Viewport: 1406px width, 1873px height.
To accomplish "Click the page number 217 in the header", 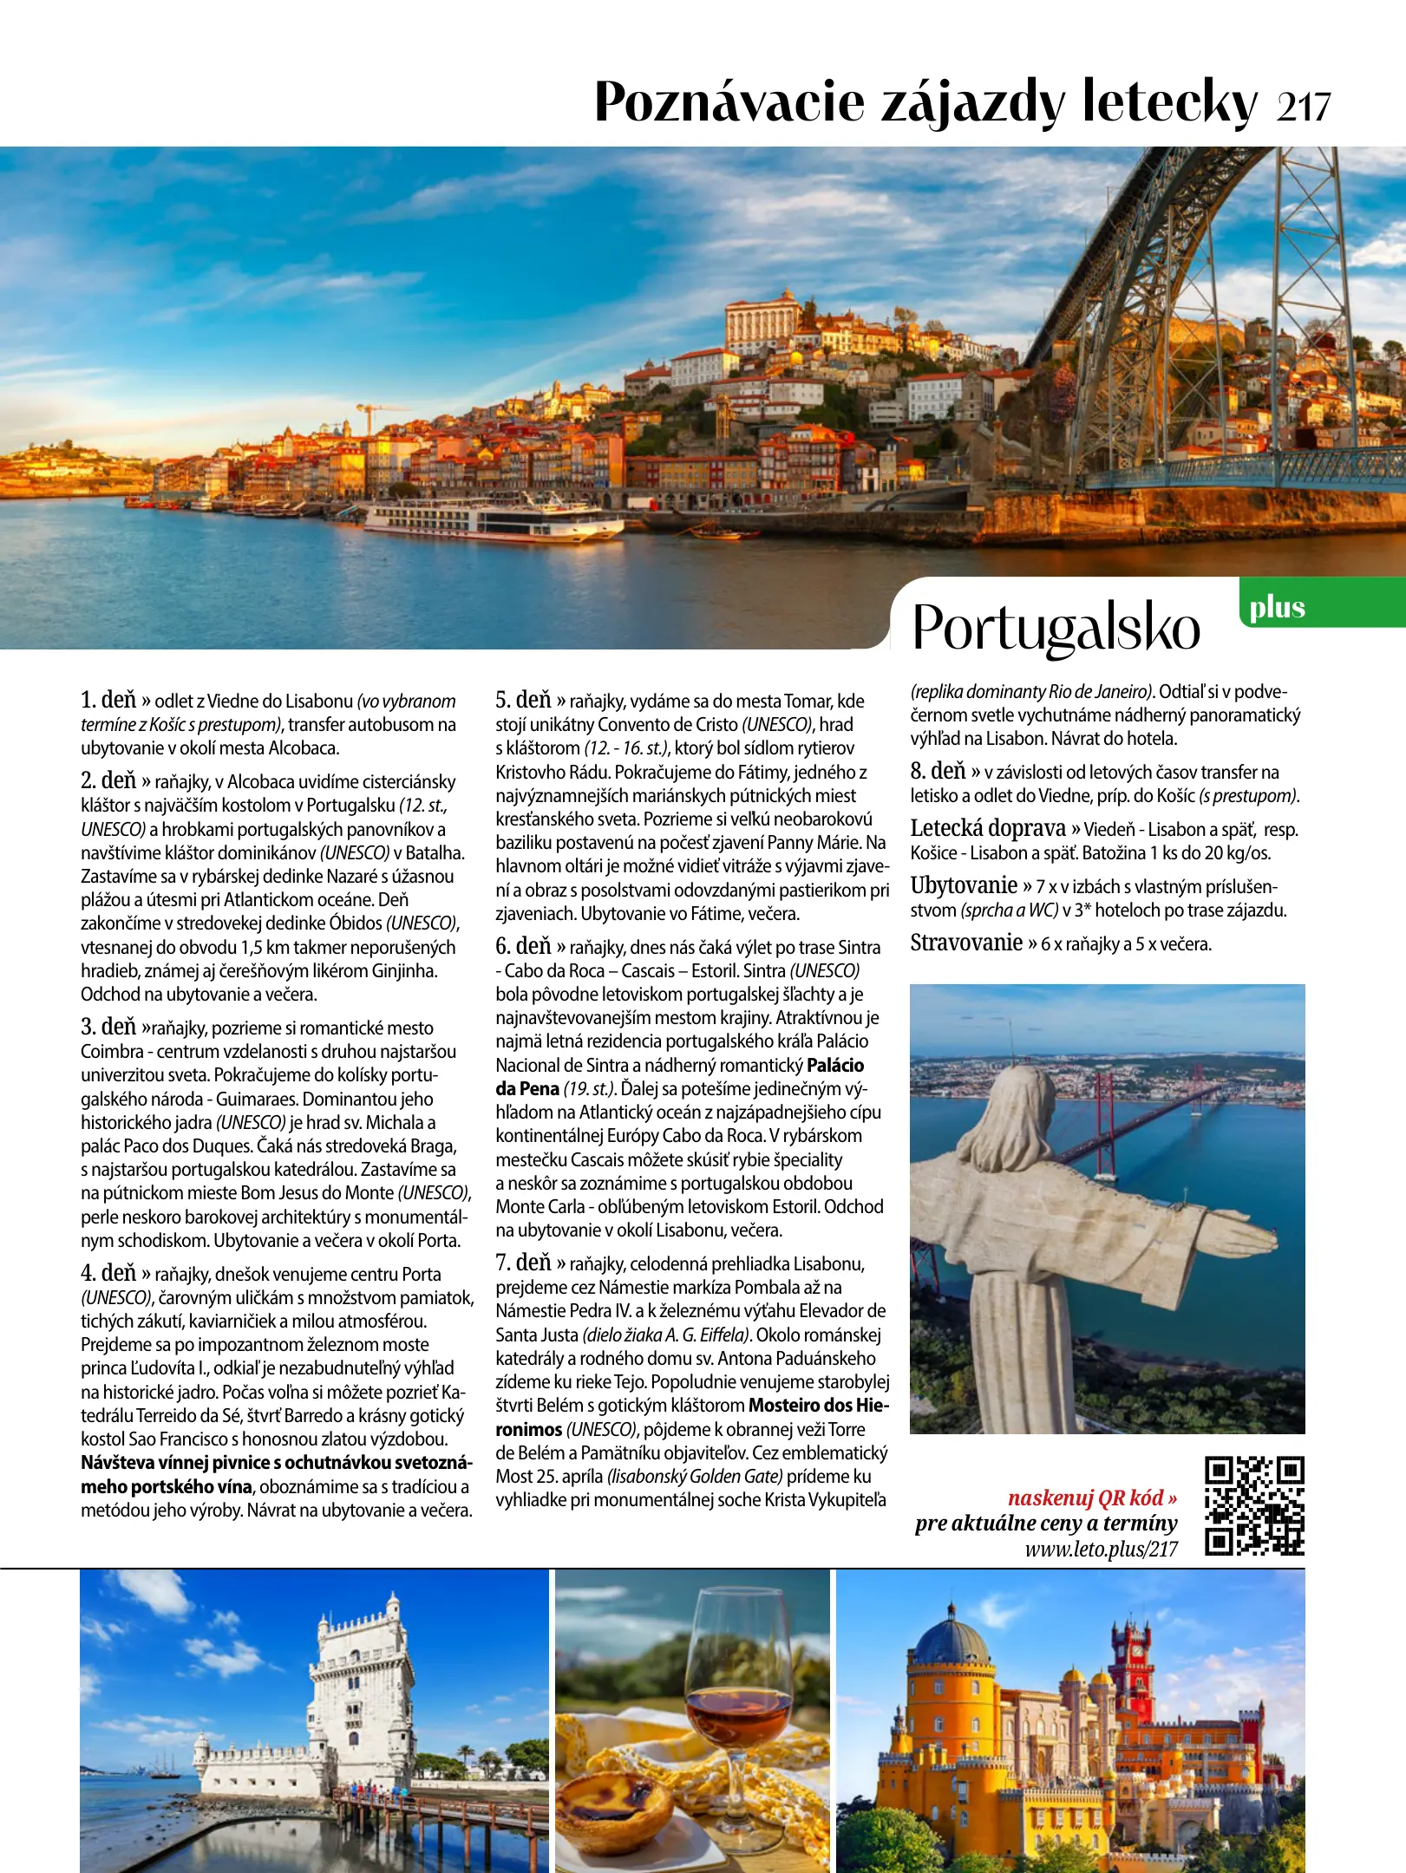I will pyautogui.click(x=1303, y=108).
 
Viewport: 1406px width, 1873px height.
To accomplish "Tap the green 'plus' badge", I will pyautogui.click(x=1277, y=608).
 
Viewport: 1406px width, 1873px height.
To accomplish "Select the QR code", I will pyautogui.click(x=1254, y=1505).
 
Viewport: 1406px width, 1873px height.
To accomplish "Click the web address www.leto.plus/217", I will pyautogui.click(x=1101, y=1549).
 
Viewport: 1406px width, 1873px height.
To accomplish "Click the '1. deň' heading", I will pyautogui.click(x=108, y=700).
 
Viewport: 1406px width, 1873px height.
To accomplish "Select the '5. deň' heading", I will pyautogui.click(x=523, y=700).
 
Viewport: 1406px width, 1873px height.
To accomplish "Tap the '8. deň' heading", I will pyautogui.click(x=938, y=771).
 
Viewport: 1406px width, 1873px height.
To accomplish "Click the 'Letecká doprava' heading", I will pyautogui.click(x=988, y=828).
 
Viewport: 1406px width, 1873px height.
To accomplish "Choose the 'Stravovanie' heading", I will pyautogui.click(x=966, y=943).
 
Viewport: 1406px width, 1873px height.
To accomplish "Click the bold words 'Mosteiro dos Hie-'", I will pyautogui.click(x=819, y=1405).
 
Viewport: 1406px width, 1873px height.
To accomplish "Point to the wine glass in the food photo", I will pyautogui.click(x=738, y=1674).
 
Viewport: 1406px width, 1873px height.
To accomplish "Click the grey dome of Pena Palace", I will pyautogui.click(x=951, y=1639).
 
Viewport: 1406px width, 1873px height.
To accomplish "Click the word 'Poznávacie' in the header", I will pyautogui.click(x=729, y=102).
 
